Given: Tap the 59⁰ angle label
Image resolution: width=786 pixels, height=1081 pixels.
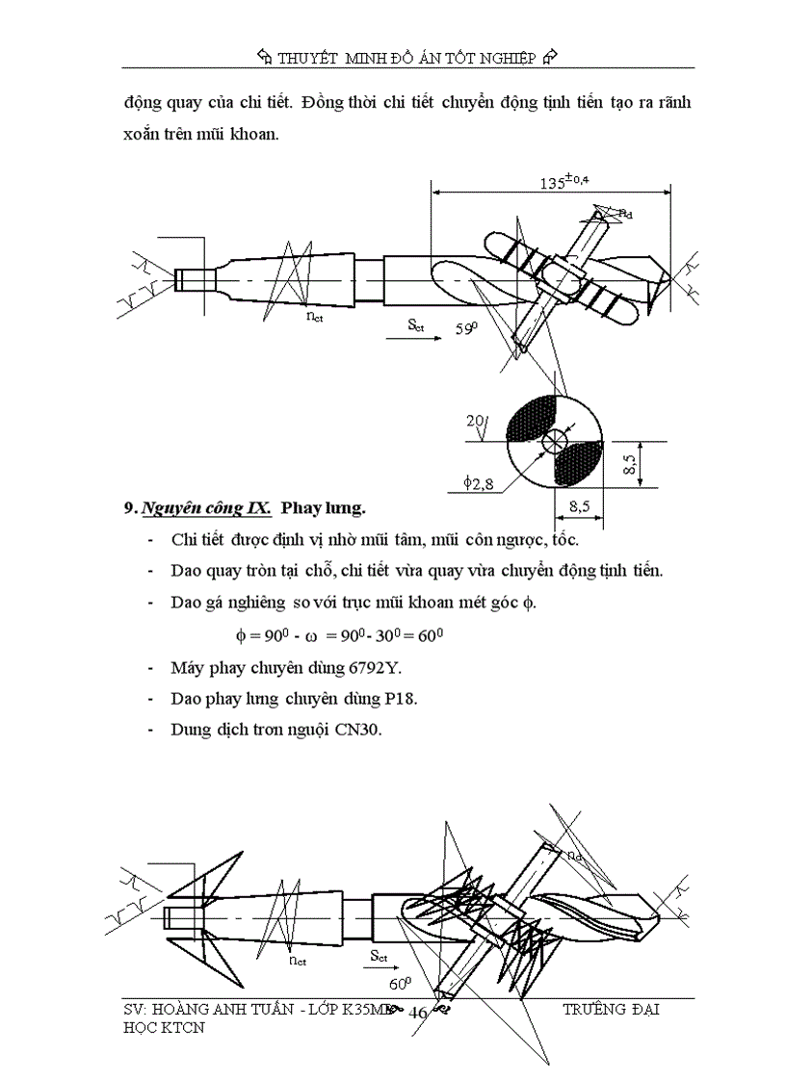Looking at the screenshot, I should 467,328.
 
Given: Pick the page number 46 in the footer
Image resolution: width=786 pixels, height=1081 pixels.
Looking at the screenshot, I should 419,1012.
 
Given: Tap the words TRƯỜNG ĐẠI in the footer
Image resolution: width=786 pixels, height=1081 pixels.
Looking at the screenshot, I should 611,1010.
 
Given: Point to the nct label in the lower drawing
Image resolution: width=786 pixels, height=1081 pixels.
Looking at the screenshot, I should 297,960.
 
